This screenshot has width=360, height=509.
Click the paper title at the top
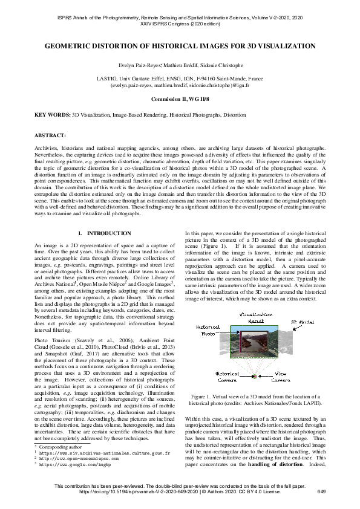point(180,46)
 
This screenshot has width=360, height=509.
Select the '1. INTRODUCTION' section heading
point(105,233)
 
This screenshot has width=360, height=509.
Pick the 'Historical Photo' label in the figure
point(208,331)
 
